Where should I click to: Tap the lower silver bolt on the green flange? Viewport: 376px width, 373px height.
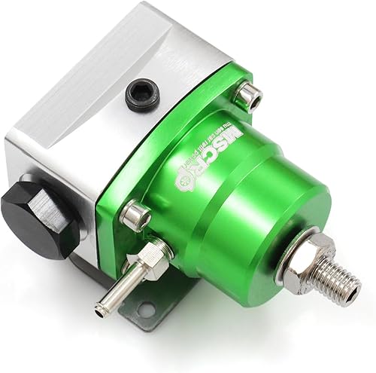(135, 216)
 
